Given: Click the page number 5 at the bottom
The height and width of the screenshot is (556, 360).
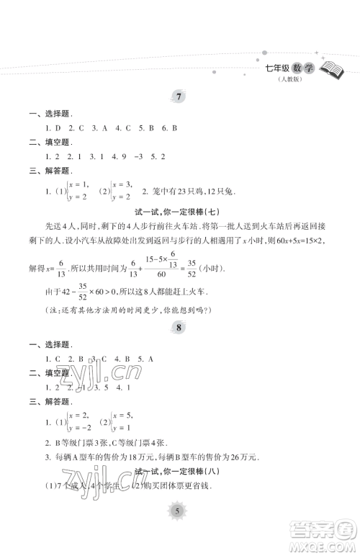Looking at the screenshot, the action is coord(180,530).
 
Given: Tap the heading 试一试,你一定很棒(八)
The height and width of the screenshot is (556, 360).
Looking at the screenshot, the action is coord(181,471).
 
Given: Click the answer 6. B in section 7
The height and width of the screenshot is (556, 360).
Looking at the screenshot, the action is coord(169,127).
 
